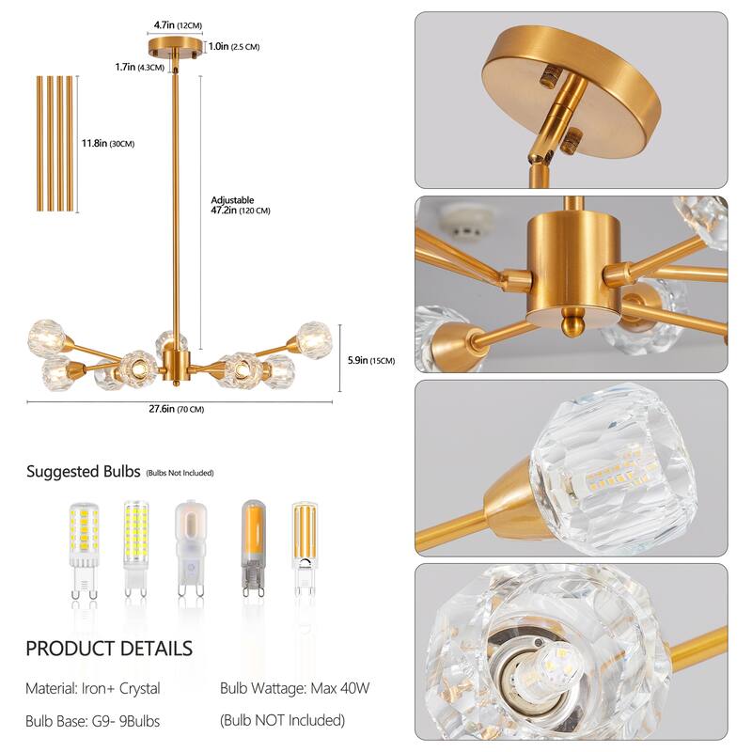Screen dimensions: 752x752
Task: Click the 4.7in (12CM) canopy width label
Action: tap(176, 26)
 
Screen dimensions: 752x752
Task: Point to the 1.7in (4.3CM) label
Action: tap(139, 67)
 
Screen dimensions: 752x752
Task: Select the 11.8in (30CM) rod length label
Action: tap(108, 143)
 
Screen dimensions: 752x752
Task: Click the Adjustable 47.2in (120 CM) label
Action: tap(240, 206)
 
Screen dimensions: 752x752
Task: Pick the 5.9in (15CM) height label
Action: tap(368, 359)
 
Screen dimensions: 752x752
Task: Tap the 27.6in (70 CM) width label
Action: tap(178, 409)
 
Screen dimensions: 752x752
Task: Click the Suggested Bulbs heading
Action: tap(84, 471)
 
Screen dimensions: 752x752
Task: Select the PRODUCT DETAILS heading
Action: tap(109, 648)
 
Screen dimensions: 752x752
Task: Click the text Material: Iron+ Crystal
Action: tap(93, 688)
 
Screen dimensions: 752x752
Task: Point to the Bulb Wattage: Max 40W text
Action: tap(295, 688)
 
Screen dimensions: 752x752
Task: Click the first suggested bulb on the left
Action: tap(82, 549)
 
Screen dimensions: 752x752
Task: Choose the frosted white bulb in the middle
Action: tap(189, 549)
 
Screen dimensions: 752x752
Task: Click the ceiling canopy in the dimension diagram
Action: tap(176, 46)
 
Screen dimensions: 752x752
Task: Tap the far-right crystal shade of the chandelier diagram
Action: tap(314, 338)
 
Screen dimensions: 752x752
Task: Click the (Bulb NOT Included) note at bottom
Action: tap(282, 720)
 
